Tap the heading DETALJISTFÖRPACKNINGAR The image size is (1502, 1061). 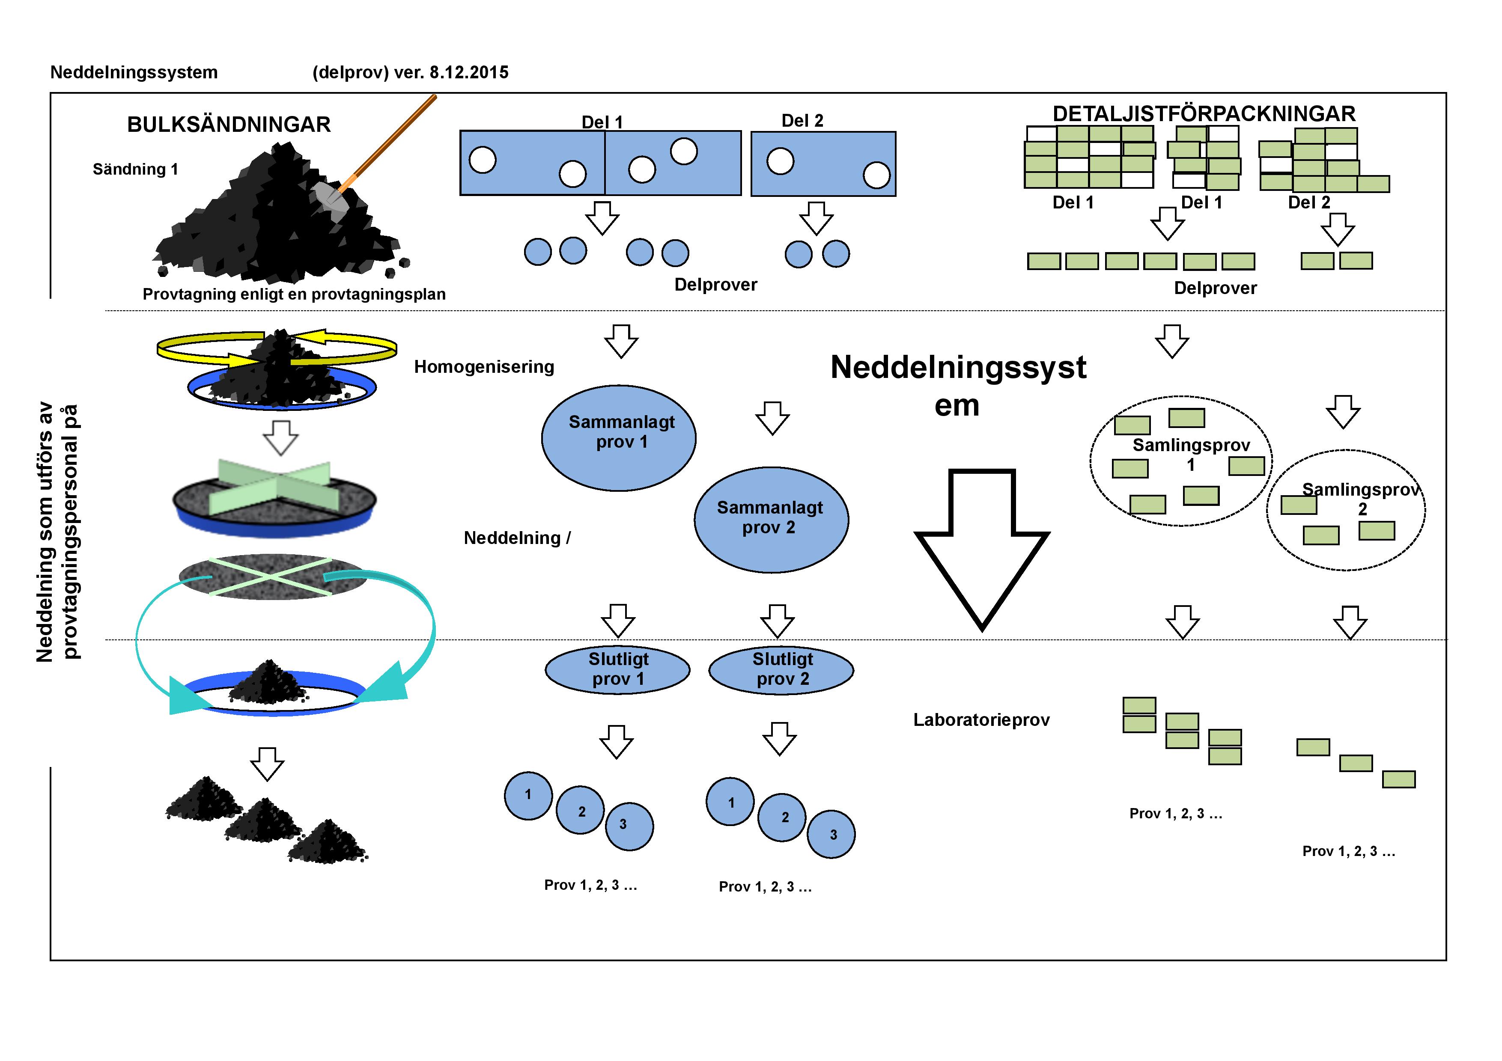click(1204, 114)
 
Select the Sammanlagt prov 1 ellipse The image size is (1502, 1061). click(618, 437)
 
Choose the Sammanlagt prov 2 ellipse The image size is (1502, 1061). click(771, 520)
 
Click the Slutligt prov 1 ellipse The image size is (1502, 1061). click(617, 669)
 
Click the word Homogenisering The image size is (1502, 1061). click(484, 367)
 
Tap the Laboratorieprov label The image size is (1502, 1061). click(981, 720)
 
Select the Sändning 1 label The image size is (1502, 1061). click(135, 169)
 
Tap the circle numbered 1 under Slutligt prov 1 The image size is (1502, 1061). click(528, 795)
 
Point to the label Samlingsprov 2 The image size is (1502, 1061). click(1361, 499)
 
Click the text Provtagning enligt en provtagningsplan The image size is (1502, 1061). click(294, 294)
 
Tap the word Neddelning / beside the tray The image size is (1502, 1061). click(517, 538)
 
